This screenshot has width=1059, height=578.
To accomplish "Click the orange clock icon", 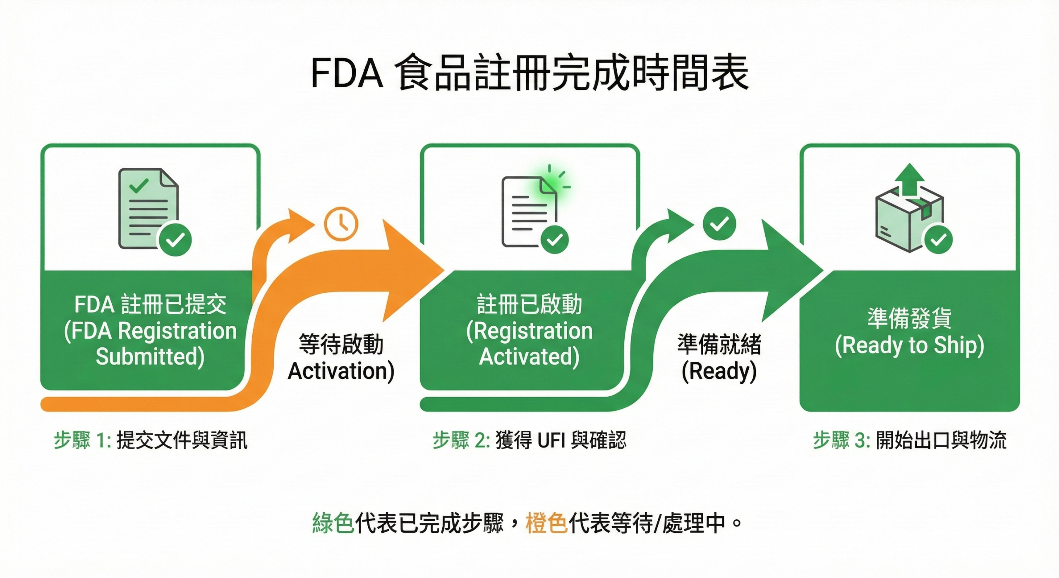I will pos(341,224).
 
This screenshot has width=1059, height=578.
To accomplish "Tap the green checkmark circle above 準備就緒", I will pos(719,224).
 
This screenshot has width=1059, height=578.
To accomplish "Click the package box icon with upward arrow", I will pos(909,211).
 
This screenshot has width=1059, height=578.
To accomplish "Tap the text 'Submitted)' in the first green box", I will pos(150,356).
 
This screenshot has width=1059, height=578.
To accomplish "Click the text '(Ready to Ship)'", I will pos(909,346).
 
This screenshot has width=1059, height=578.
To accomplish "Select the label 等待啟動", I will pos(341,344).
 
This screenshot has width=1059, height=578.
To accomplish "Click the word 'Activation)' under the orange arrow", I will pos(341,371).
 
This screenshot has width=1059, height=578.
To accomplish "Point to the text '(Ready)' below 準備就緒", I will pos(719,371).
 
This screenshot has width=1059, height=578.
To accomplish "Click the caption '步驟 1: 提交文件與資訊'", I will pos(150,440).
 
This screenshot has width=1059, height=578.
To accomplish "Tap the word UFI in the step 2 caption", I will pos(551,440).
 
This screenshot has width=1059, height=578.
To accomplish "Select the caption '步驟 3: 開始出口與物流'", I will pos(909,440).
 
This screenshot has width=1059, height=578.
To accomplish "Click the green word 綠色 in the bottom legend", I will pos(333,523).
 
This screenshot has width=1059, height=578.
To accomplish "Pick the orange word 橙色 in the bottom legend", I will pos(546,523).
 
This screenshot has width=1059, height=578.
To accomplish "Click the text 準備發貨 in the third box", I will pos(909,318).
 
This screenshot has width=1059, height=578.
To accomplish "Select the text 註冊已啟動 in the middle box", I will pos(529,304).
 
